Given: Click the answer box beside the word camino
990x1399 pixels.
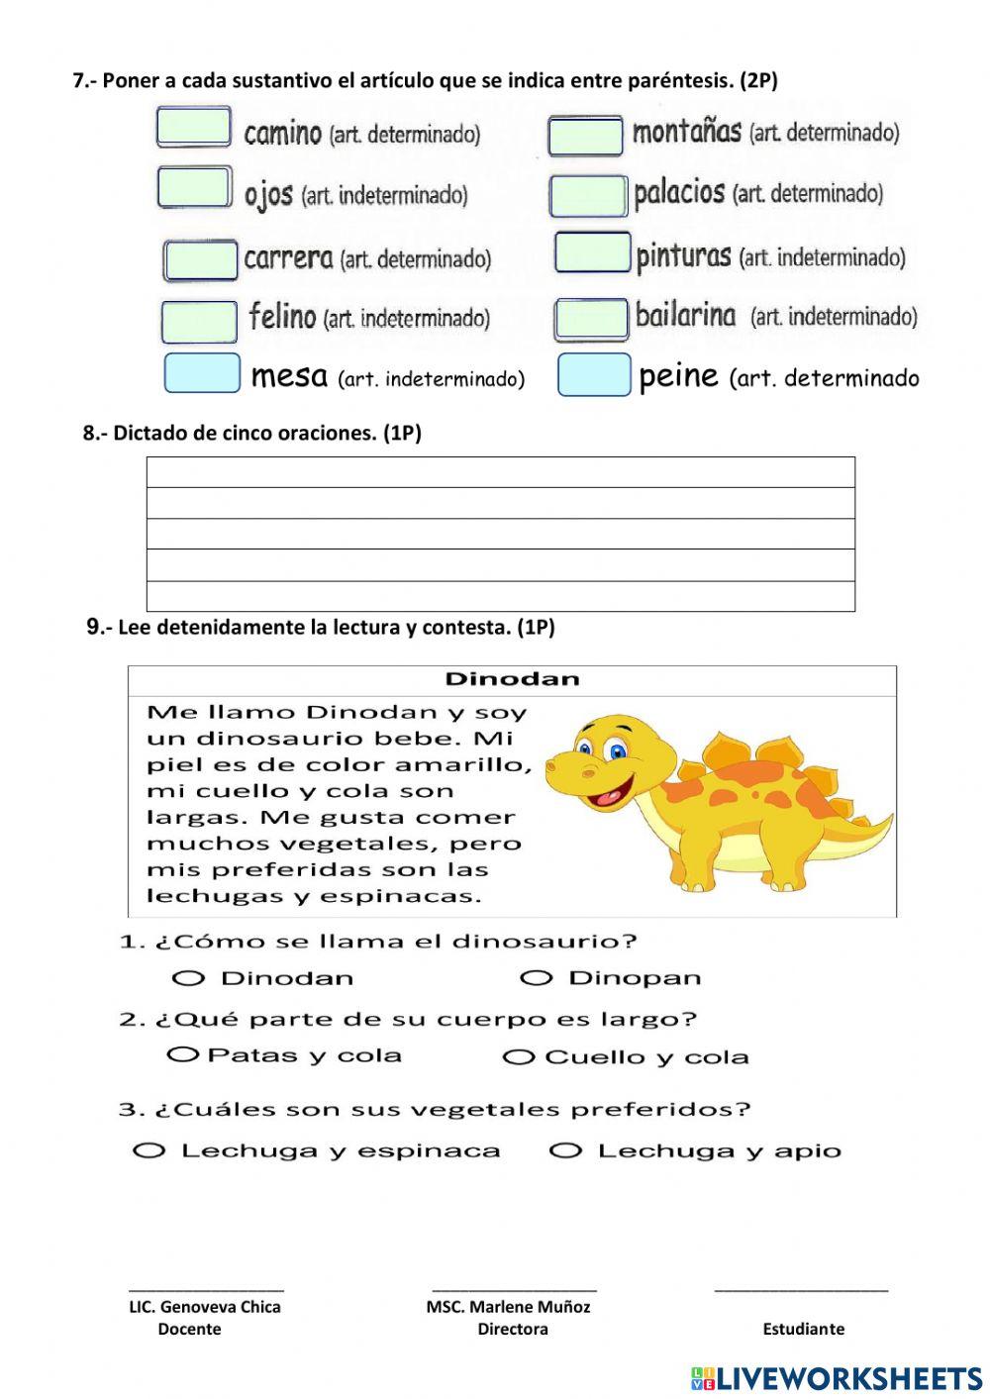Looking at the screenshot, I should pyautogui.click(x=194, y=128).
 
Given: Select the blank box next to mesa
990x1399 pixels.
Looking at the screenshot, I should pyautogui.click(x=202, y=373).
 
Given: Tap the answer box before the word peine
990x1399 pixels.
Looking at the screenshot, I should pyautogui.click(x=594, y=375).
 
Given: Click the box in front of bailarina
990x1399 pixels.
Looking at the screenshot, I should pyautogui.click(x=591, y=319).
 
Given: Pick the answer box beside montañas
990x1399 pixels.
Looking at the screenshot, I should pyautogui.click(x=585, y=137).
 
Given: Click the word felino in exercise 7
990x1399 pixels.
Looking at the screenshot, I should pyautogui.click(x=282, y=317).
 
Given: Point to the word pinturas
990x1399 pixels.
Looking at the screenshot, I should pyautogui.click(x=683, y=257).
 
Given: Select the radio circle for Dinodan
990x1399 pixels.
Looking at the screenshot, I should pyautogui.click(x=188, y=978).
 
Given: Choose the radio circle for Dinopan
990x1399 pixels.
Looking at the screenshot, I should pyautogui.click(x=536, y=978).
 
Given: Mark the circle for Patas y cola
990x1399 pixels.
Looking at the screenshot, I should pyautogui.click(x=183, y=1054).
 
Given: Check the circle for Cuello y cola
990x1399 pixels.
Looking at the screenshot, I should pyautogui.click(x=519, y=1057).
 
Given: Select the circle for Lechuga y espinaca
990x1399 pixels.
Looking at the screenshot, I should pyautogui.click(x=148, y=1150).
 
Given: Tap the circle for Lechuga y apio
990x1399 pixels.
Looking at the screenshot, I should pyautogui.click(x=565, y=1150).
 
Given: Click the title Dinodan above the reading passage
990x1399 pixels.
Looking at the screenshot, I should pyautogui.click(x=512, y=679).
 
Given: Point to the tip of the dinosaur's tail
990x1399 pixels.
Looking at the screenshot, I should pyautogui.click(x=888, y=818).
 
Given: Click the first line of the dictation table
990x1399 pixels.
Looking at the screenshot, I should pyautogui.click(x=500, y=472).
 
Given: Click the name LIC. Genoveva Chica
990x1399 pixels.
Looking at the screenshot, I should pyautogui.click(x=205, y=1307).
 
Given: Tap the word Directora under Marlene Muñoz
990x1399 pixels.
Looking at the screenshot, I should pyautogui.click(x=512, y=1330).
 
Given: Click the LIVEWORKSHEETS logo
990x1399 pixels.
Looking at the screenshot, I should pyautogui.click(x=837, y=1378).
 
